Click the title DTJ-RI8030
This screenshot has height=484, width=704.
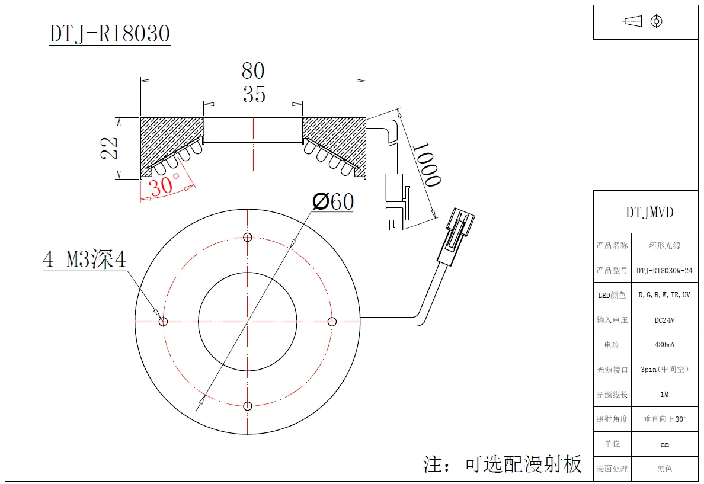click(110, 33)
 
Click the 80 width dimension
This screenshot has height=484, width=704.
click(253, 71)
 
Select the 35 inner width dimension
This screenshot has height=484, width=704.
click(254, 94)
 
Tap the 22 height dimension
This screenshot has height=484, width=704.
click(109, 148)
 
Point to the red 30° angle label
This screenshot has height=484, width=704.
click(164, 186)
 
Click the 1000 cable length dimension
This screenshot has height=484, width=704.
click(426, 164)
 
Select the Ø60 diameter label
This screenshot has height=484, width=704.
click(333, 202)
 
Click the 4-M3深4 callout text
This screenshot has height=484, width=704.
click(84, 259)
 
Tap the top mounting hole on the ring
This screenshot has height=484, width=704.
click(248, 238)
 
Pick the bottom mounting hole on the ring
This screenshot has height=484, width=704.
click(248, 406)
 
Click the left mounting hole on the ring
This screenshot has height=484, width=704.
click(164, 322)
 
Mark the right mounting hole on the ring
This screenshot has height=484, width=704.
click(332, 322)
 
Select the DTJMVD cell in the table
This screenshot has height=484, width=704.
click(649, 213)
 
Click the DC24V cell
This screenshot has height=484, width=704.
click(664, 320)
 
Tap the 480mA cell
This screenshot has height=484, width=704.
click(664, 345)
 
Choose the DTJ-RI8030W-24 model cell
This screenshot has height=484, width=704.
click(664, 270)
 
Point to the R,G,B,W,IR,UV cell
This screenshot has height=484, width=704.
click(664, 295)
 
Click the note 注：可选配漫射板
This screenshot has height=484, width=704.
click(503, 464)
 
